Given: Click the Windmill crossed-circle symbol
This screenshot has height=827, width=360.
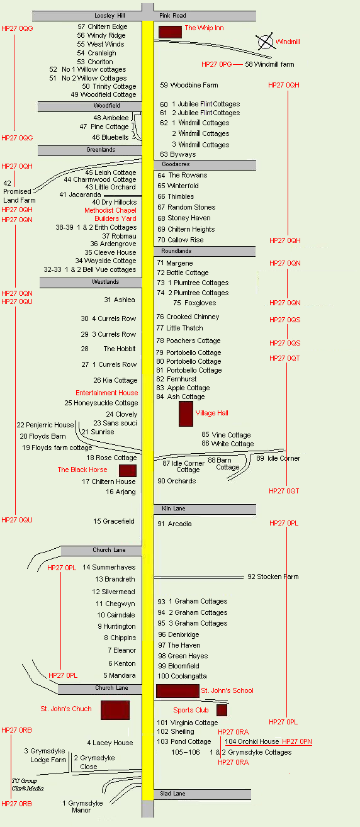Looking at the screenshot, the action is click(265, 42).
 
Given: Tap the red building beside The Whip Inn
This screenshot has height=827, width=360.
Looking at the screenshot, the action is click(170, 31).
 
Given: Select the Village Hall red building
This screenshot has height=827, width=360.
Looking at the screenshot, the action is click(186, 414).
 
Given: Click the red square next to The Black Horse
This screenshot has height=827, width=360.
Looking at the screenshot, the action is click(128, 471).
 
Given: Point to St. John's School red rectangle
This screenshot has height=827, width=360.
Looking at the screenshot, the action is click(177, 691).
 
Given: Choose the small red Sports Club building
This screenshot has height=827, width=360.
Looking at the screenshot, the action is click(222, 710).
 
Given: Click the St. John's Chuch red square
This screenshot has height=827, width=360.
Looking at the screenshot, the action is click(115, 710).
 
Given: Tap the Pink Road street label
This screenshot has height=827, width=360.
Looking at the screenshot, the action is click(172, 16).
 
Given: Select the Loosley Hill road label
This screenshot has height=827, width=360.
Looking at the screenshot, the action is click(110, 16).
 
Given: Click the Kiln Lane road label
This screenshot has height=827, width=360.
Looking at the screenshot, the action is click(174, 509).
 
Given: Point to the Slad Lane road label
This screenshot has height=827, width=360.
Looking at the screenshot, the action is click(173, 794).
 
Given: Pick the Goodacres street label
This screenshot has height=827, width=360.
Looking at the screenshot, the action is click(176, 164).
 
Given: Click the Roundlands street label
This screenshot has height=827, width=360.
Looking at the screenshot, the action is click(176, 251).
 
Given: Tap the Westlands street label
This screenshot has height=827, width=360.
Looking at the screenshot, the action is click(105, 282).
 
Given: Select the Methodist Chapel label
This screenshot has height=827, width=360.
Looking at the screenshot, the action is click(110, 210).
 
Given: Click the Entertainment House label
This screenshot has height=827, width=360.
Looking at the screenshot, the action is click(107, 393).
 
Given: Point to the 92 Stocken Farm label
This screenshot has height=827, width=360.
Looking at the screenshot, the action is click(273, 577).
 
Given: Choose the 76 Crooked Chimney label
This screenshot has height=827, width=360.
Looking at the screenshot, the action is click(188, 317).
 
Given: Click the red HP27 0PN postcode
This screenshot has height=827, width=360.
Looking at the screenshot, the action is click(297, 741).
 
